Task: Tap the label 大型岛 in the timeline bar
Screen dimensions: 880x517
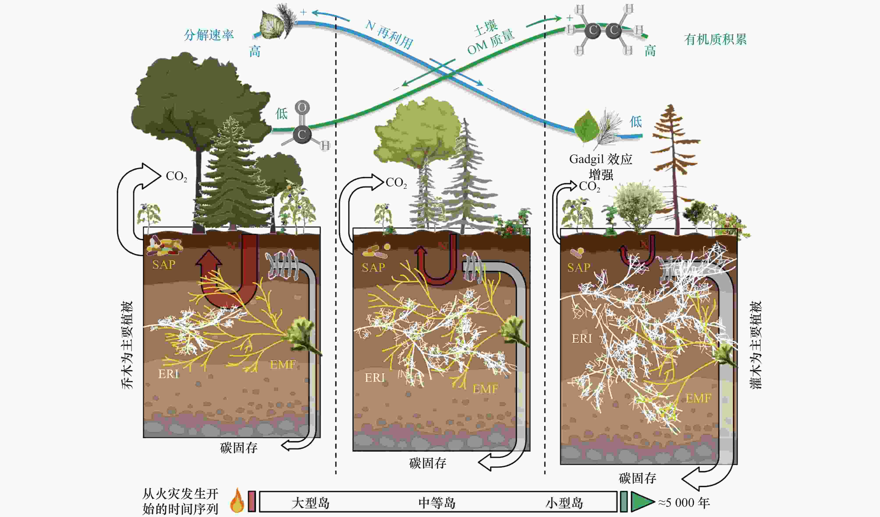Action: (311, 503)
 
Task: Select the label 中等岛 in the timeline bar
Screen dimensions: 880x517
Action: (437, 503)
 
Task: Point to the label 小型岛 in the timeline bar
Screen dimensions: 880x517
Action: (564, 503)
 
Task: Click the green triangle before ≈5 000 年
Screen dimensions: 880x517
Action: (642, 502)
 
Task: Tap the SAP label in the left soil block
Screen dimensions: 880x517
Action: (163, 265)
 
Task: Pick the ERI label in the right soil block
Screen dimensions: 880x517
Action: (582, 339)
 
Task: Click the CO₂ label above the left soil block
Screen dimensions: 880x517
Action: (176, 176)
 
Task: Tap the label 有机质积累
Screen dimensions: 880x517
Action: (715, 39)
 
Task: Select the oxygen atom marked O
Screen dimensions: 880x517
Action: (302, 107)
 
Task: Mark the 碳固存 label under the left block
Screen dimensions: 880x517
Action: (239, 448)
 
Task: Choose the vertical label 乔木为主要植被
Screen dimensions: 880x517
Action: (127, 345)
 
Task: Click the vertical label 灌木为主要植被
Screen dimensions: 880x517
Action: (756, 345)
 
